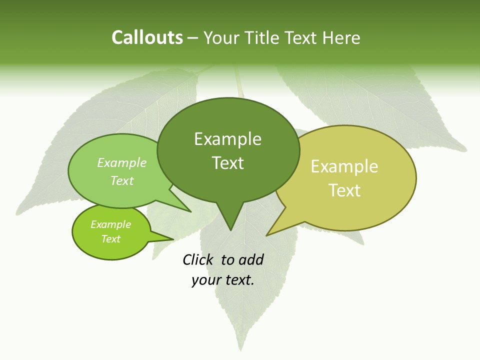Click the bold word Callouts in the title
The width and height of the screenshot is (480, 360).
click(x=147, y=37)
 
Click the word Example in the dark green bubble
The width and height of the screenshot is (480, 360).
click(x=227, y=139)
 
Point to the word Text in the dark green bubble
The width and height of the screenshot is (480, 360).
click(x=227, y=162)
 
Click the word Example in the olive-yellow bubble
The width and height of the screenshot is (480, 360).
click(x=344, y=166)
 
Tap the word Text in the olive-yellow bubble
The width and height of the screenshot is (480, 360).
click(x=344, y=190)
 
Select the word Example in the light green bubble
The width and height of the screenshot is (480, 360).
click(x=122, y=162)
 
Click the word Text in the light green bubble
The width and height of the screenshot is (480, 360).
click(x=122, y=180)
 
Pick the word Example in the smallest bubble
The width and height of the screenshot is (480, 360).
click(x=110, y=224)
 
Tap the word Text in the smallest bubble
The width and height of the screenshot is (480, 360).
click(x=110, y=239)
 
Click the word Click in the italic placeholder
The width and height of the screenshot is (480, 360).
click(x=198, y=259)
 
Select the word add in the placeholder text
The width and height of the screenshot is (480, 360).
click(x=251, y=259)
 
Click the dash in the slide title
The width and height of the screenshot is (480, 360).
click(x=193, y=37)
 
